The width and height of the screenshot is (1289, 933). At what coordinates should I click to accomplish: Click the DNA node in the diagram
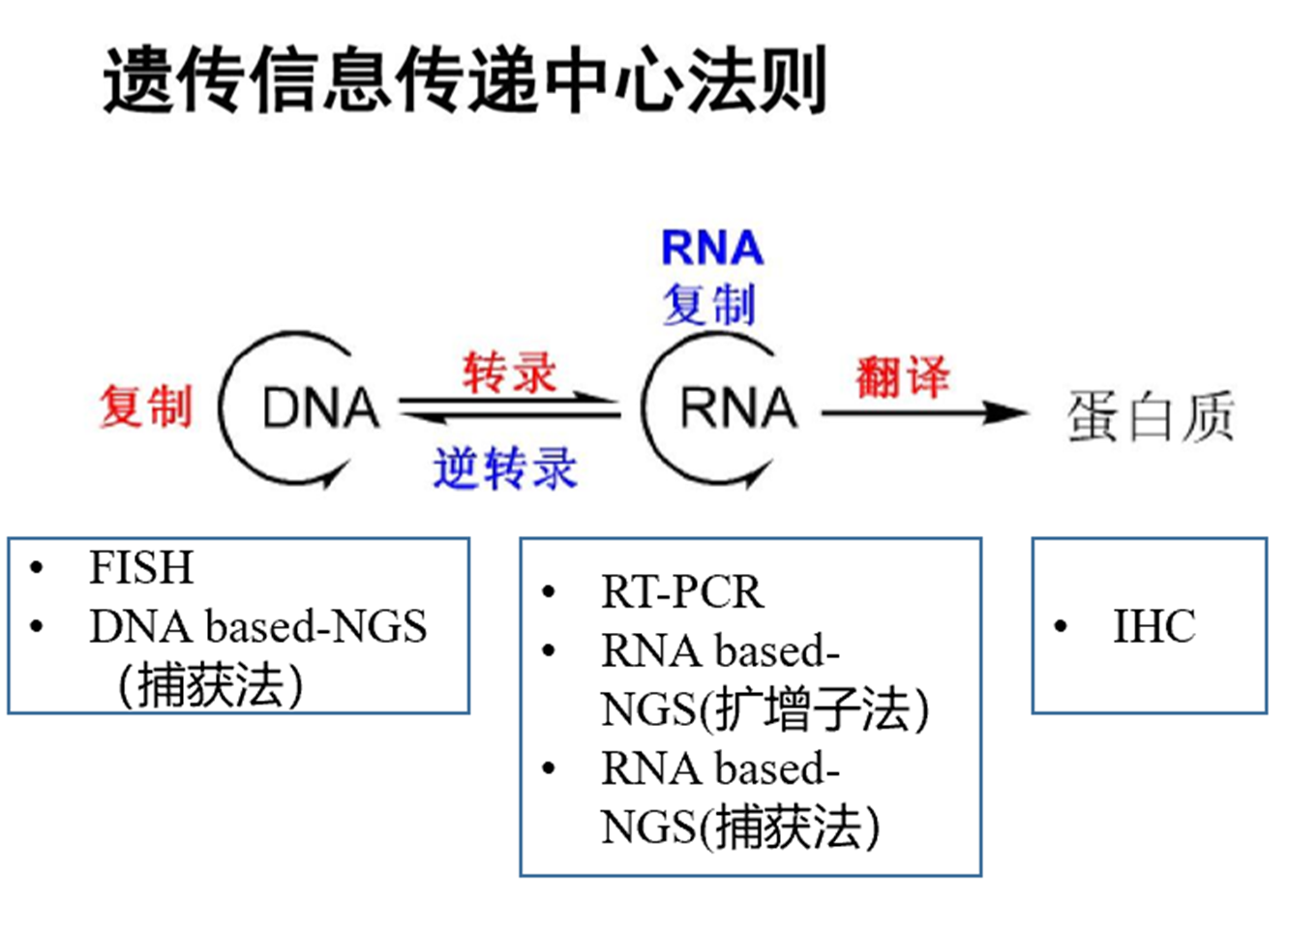pos(321,407)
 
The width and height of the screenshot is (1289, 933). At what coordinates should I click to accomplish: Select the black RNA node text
pos(739,407)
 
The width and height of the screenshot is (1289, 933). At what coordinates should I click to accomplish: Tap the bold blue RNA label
pos(712,248)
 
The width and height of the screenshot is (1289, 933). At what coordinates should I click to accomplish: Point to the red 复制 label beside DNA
pos(146,406)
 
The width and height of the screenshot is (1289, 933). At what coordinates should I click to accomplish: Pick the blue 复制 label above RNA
pos(709,305)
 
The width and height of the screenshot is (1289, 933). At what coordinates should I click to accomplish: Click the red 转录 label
pos(510,373)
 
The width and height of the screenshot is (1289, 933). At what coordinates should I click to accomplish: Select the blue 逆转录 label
pos(505,467)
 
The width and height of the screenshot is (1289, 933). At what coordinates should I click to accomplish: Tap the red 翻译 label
pos(902,377)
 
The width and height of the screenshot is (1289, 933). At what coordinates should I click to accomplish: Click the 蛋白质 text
pos(1151,416)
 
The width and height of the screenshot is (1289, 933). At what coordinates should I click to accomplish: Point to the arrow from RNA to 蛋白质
pos(924,412)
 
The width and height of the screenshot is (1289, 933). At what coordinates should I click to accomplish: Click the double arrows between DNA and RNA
pos(510,406)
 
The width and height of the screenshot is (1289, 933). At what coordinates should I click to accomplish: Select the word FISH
pos(141,567)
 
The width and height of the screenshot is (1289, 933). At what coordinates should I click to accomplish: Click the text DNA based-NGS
pos(258,626)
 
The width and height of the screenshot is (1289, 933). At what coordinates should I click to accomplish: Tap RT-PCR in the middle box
pos(682,591)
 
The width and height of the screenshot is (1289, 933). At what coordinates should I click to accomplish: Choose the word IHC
pos(1154,626)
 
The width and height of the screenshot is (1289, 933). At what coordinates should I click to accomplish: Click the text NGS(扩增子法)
pos(764,709)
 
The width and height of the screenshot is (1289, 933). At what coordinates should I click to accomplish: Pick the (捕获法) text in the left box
pos(211,685)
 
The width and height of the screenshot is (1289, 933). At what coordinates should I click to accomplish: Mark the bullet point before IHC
pos(1061,626)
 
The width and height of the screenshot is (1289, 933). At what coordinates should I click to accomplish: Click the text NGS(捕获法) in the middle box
pos(740,828)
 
